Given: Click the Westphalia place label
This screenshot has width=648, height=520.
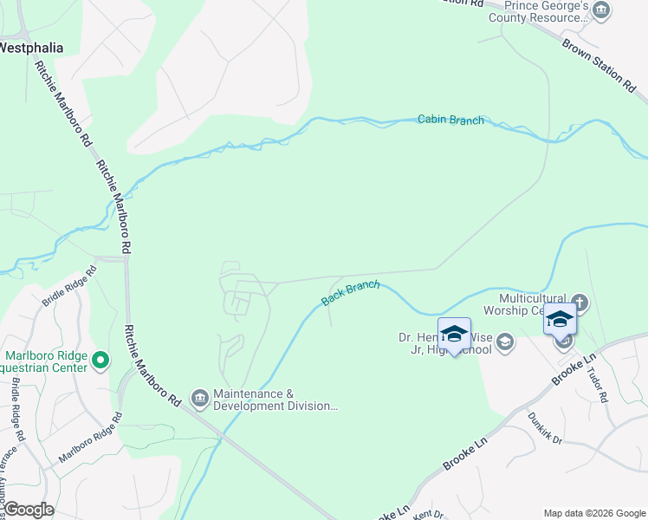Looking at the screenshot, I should point(31,48).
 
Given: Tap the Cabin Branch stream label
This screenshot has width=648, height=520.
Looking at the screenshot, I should point(450,120).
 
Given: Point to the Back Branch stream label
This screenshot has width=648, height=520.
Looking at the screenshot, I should point(350,293).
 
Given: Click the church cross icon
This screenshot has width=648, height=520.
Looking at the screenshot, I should point(580,303).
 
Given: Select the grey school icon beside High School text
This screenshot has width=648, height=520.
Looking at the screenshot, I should point(504,343).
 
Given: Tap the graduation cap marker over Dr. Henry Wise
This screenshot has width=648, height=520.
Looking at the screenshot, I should point(454,334).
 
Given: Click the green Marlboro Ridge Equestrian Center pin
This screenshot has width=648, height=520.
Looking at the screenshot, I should point(100,359).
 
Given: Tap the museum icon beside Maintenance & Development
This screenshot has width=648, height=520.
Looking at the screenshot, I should point(200,399).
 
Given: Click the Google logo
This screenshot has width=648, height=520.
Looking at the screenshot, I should point(28,510).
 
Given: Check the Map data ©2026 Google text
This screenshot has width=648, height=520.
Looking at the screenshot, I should point(594,512).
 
